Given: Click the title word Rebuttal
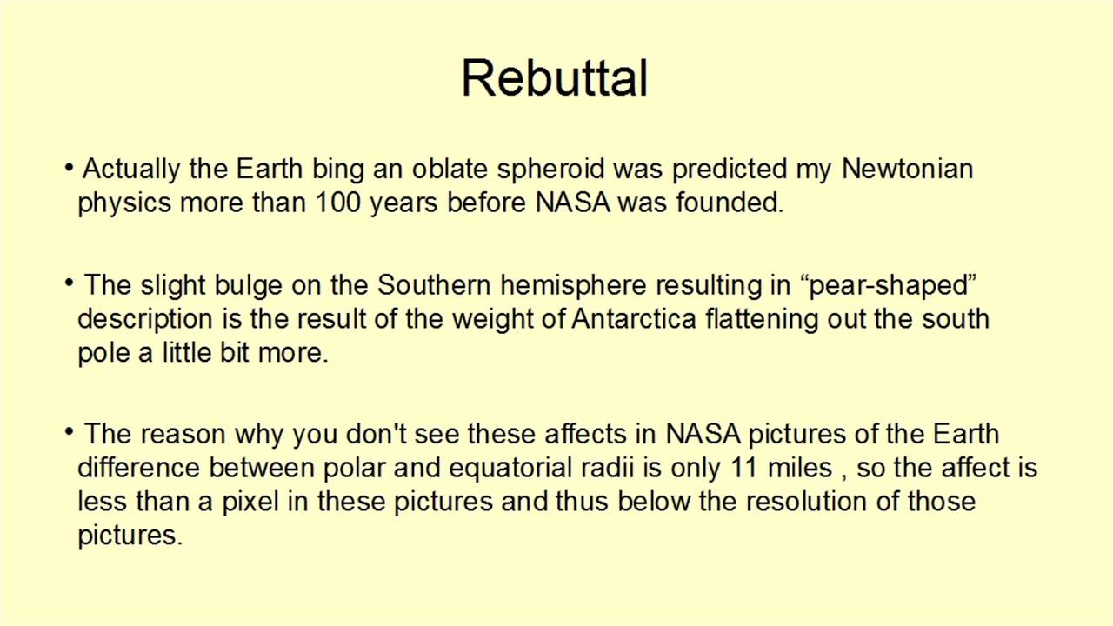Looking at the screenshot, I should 555,78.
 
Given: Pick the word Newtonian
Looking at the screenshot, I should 907,169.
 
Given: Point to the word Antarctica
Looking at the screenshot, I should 634,319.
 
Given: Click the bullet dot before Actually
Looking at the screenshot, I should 69,167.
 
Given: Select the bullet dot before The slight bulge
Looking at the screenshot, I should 69,283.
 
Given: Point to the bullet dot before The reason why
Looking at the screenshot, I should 69,432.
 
